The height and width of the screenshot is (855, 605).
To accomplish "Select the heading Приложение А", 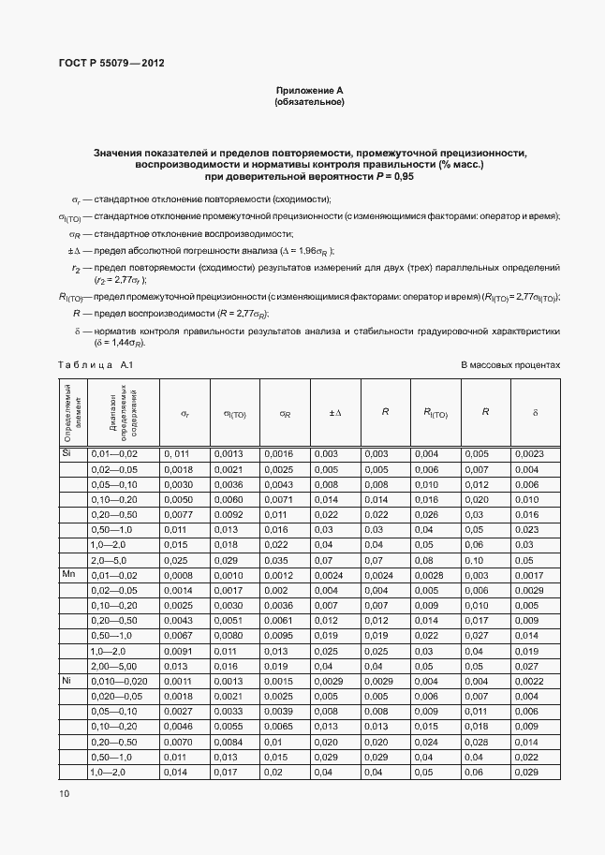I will point(309,90).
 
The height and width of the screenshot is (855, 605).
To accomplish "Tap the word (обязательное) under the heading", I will point(309,102).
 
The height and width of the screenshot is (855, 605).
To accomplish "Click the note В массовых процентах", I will point(509,365).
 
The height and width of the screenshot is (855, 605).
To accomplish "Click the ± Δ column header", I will point(334,412).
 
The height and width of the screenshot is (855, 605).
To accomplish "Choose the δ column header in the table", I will point(535,412).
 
